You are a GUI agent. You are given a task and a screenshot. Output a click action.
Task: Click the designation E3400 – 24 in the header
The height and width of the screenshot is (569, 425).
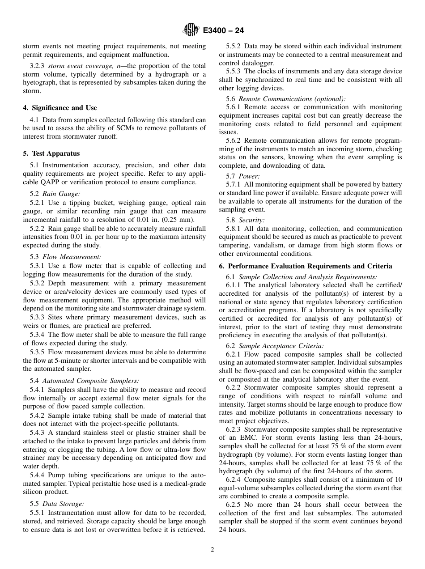coord(223,31)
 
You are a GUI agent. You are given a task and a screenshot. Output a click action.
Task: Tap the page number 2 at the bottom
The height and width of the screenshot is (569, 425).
coord(212,550)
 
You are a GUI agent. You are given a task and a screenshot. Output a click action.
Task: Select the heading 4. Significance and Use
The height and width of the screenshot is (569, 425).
coord(60,108)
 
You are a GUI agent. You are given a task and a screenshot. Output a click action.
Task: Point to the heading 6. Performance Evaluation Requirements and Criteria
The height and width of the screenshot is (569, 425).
coord(306,266)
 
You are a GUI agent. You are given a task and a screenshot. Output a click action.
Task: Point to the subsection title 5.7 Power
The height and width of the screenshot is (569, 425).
coord(249,176)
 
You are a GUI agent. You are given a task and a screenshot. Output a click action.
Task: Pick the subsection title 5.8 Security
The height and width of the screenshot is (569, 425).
coord(251,220)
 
